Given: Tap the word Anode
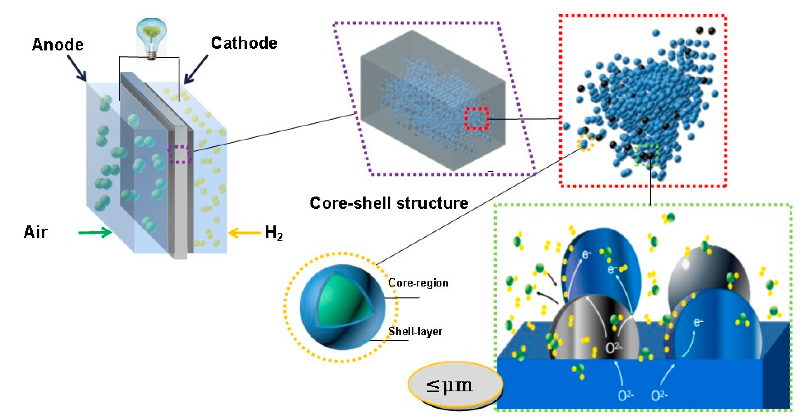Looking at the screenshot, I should (x=58, y=45).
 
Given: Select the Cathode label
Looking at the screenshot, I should (x=244, y=43).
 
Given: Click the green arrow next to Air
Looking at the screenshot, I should (x=95, y=232).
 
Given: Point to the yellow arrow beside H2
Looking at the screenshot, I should (x=244, y=233).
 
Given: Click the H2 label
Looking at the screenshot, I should (x=273, y=233).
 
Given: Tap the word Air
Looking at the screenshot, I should (x=36, y=232).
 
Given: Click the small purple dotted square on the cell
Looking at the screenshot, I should (x=180, y=154).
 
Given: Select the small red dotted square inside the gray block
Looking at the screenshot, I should (x=477, y=118).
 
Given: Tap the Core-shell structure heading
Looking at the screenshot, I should (x=389, y=203).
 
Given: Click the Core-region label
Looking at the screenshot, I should (x=418, y=283).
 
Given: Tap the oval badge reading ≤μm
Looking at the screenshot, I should (x=455, y=385).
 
